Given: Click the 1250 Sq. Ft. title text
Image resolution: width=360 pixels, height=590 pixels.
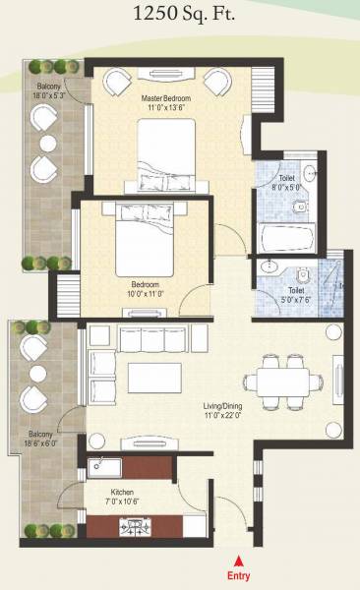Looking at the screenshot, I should [180, 14].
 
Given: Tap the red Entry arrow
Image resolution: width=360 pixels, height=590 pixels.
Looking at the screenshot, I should [237, 561].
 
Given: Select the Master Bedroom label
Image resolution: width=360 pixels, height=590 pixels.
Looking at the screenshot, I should [165, 99].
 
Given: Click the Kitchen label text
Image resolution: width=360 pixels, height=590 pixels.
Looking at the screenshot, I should [122, 491].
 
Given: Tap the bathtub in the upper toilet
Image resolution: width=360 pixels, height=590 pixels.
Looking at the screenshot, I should [284, 238].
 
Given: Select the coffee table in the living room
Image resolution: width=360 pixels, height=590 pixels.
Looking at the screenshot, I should [155, 378].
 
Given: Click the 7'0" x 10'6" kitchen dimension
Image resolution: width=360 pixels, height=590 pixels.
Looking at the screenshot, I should [122, 501].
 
